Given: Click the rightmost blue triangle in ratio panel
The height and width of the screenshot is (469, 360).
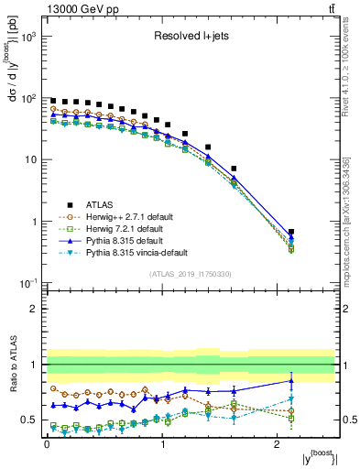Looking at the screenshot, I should [x=291, y=380].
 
